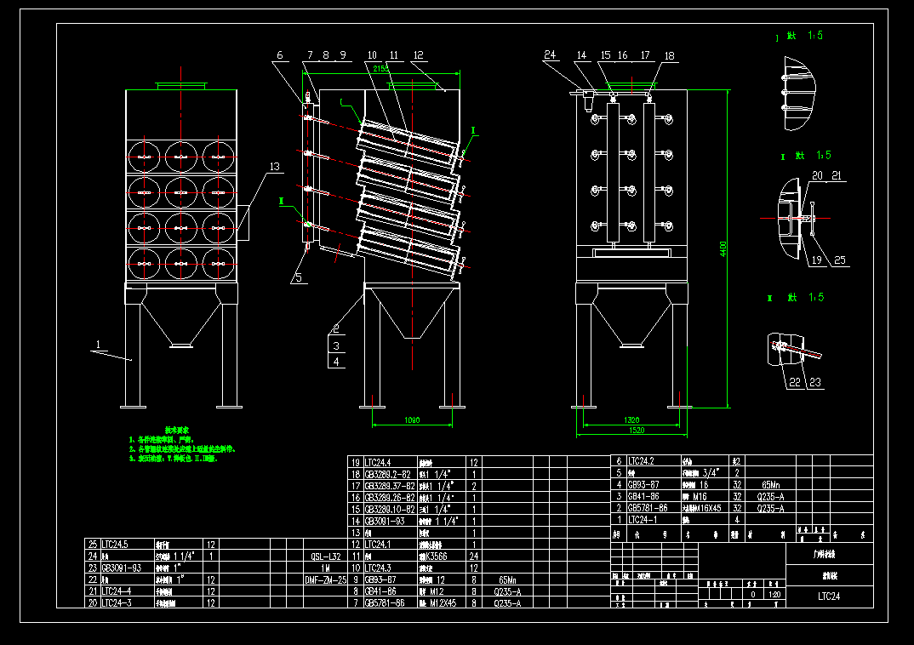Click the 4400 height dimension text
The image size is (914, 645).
[723, 248]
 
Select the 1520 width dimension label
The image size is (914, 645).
[631, 431]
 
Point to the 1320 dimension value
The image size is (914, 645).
[631, 420]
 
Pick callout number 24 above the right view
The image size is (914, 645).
[550, 55]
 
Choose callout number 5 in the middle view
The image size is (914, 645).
[298, 277]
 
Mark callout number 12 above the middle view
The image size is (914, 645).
[418, 55]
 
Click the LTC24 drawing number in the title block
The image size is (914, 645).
[829, 596]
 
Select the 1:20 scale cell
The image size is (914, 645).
[774, 595]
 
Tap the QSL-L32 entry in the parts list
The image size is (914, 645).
[326, 556]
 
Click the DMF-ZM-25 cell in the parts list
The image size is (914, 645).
[326, 579]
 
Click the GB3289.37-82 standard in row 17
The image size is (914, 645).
[389, 485]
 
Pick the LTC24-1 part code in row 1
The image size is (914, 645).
[643, 519]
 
